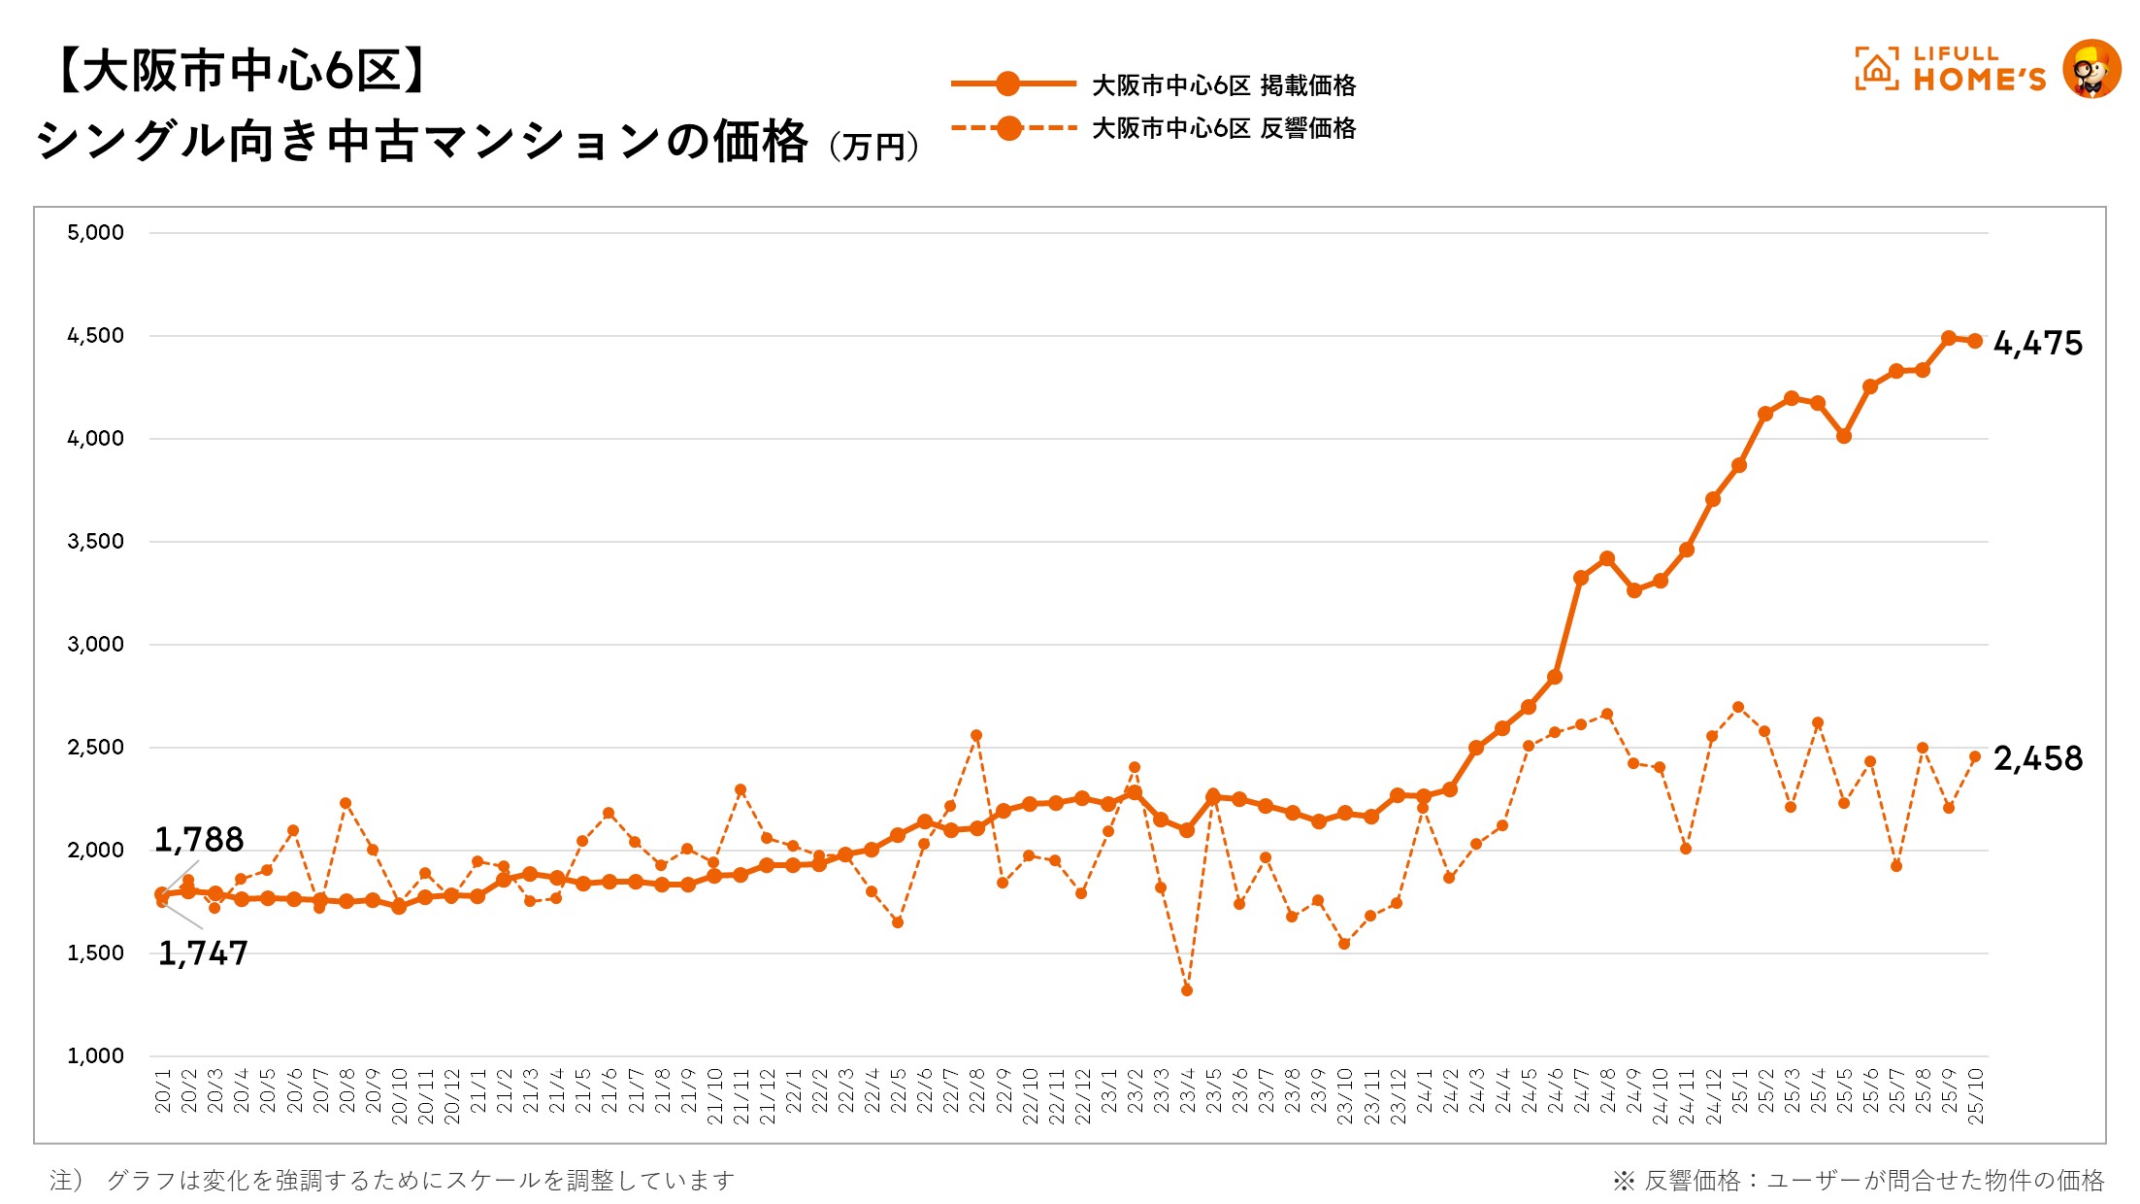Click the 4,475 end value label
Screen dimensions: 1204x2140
tap(2037, 344)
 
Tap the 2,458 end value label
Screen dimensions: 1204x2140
tap(2037, 758)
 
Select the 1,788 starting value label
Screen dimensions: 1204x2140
tap(199, 840)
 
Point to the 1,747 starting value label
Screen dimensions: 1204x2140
tap(203, 953)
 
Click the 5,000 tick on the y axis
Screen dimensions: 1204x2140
tap(95, 233)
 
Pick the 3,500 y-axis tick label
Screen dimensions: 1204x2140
tap(95, 542)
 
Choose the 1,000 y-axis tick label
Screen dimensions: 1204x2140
tap(95, 1056)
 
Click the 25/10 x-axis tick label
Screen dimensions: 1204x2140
tap(1975, 1096)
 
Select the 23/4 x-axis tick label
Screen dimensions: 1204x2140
tap(1187, 1091)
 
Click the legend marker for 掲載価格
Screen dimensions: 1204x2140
tap(1008, 84)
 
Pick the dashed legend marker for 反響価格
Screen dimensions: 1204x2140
tap(1008, 127)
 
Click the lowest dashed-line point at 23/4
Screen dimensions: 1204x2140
tap(1187, 990)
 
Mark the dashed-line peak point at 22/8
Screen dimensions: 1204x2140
tap(976, 736)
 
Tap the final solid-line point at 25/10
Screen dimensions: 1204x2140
tap(1975, 341)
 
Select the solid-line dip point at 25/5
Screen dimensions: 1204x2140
tap(1844, 436)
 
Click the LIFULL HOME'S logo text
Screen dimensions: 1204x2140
tap(1978, 70)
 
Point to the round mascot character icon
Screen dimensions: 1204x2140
tap(2091, 69)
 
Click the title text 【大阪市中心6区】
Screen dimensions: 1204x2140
tap(240, 71)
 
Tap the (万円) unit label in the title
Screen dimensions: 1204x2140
tap(874, 148)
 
